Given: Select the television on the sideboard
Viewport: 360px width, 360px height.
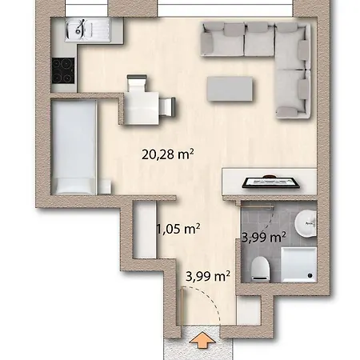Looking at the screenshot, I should coord(272,182).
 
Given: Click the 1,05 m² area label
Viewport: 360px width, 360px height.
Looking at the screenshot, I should coord(178,229).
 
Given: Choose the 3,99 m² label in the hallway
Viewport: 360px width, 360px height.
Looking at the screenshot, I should coord(207,277).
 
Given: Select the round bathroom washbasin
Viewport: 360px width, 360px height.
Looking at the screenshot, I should coord(305,225).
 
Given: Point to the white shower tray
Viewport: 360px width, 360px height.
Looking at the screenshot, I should coord(295,265).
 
